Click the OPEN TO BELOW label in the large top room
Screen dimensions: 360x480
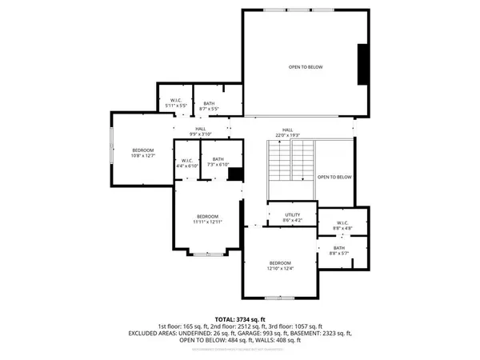tap(306, 66)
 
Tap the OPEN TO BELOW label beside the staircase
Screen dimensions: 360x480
tap(334, 177)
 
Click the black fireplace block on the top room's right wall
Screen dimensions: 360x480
tap(363, 64)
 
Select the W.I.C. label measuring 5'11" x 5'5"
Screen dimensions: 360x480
tap(176, 102)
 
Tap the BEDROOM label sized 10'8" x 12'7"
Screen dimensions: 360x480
tap(143, 153)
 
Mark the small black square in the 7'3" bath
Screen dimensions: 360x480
tap(235, 174)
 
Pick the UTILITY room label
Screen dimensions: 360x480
tap(293, 218)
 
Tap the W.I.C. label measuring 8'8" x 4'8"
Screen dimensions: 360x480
tap(342, 225)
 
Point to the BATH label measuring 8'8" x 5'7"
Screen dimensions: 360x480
tap(339, 250)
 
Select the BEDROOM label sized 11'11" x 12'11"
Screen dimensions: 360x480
tap(207, 218)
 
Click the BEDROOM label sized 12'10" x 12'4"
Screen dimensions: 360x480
tap(280, 266)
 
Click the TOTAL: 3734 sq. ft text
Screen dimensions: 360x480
tap(240, 319)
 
